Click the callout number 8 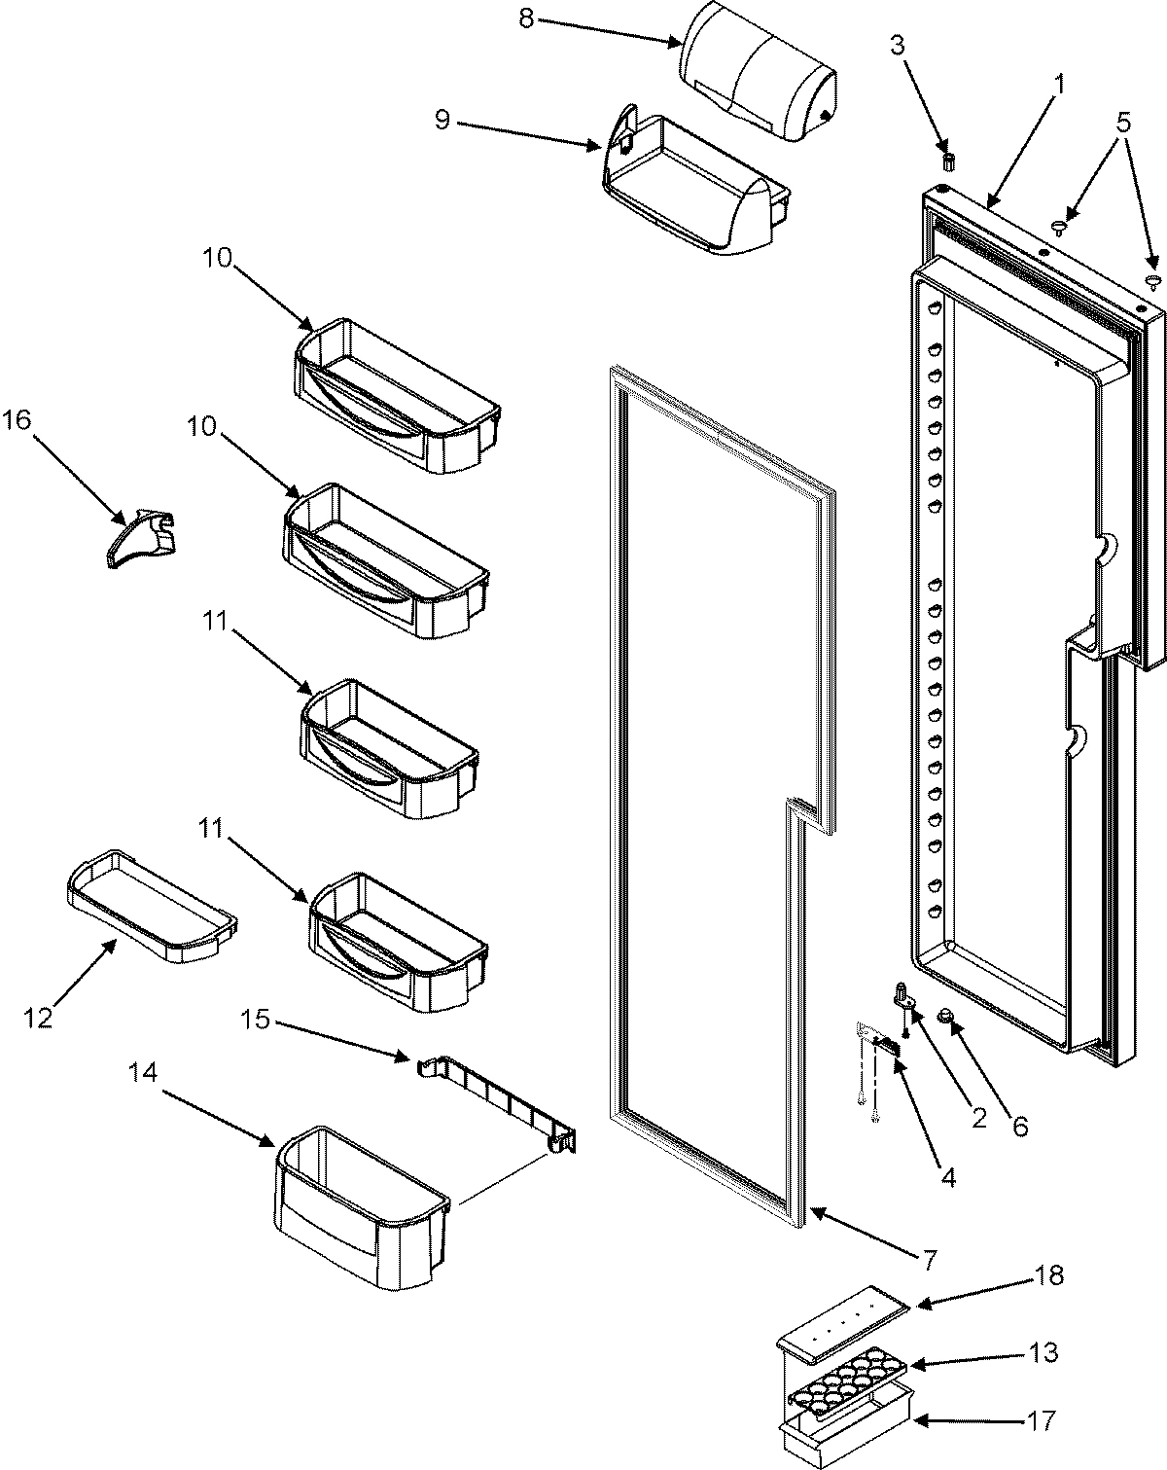point(525,19)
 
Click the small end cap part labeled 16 point(142,535)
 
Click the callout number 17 point(1040,1422)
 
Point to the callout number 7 point(929,1261)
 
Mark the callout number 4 point(946,1178)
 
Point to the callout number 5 point(1123,124)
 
